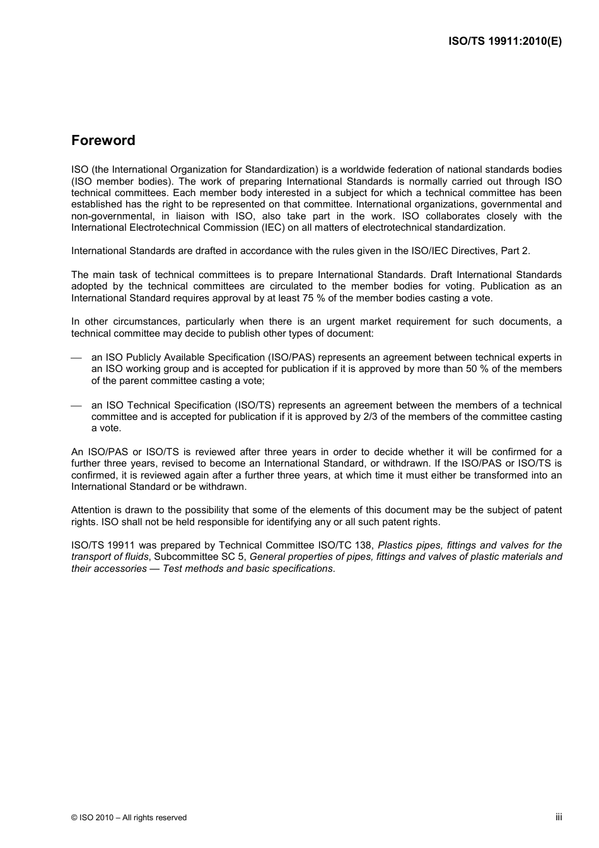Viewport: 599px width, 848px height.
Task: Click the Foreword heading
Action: pyautogui.click(x=103, y=141)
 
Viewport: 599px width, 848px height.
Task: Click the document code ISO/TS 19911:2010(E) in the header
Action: pyautogui.click(x=504, y=41)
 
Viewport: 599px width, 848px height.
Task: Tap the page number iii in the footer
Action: pyautogui.click(x=559, y=817)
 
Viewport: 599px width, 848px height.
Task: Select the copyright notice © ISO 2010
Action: pyautogui.click(x=129, y=818)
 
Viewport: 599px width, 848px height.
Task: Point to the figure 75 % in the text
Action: pyautogui.click(x=331, y=298)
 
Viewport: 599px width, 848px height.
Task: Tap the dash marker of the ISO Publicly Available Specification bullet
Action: pyautogui.click(x=76, y=358)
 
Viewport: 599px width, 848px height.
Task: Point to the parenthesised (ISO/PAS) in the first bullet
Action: pyautogui.click(x=293, y=357)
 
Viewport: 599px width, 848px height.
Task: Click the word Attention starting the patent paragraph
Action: pyautogui.click(x=91, y=510)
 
